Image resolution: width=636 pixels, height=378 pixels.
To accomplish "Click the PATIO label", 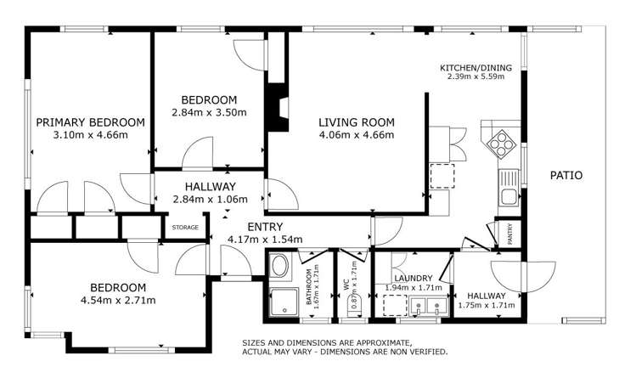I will tap(566, 176).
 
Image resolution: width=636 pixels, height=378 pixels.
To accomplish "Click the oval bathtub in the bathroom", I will tap(279, 270).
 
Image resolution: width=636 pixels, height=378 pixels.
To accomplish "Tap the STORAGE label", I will tap(185, 228).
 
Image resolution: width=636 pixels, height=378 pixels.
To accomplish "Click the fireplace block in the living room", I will tap(275, 106).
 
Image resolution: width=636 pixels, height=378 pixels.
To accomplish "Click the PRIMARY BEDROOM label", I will tap(90, 122).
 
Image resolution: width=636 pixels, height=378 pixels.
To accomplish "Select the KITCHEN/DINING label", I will tap(476, 67).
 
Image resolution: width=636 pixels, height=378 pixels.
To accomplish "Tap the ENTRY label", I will tap(265, 227).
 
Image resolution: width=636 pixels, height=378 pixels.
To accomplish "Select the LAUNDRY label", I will tap(414, 278).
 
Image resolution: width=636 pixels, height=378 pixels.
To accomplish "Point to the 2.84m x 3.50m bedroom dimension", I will tap(209, 112).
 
